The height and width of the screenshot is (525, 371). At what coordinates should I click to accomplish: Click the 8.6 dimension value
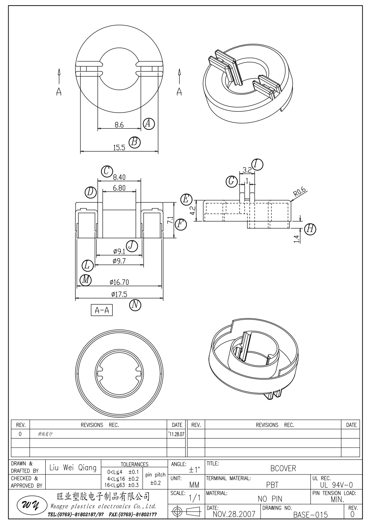119,125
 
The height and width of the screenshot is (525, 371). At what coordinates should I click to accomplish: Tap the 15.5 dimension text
119,148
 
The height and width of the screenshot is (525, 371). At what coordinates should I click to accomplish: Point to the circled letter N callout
135,305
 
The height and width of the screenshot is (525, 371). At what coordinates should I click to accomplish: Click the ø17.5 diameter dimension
119,294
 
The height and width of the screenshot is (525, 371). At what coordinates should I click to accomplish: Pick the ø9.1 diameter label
119,251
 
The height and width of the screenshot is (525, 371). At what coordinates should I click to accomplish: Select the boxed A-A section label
102,310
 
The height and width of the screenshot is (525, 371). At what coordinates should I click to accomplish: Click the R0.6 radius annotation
299,192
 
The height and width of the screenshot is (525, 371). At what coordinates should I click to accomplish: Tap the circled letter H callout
310,229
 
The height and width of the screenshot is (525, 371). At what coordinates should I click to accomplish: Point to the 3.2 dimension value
247,170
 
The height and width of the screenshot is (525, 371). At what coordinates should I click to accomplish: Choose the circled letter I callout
257,164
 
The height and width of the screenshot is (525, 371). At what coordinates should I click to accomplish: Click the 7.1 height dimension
170,220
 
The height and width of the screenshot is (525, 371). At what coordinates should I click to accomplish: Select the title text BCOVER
283,468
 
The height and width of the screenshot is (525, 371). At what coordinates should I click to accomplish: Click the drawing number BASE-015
310,515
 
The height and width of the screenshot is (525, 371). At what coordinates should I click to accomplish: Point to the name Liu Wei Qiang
73,468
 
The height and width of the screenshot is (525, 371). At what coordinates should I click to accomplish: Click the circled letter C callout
107,171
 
